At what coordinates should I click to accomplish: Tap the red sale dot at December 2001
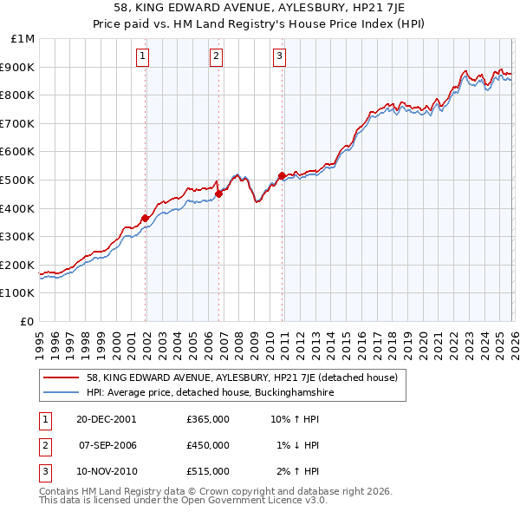(x=146, y=218)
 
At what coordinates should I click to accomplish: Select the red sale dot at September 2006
(x=218, y=194)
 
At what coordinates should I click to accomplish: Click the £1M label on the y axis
(x=23, y=39)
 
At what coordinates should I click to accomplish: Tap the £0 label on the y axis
(x=28, y=321)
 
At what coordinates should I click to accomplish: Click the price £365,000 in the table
(x=208, y=419)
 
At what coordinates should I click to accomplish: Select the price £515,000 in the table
(x=208, y=471)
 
